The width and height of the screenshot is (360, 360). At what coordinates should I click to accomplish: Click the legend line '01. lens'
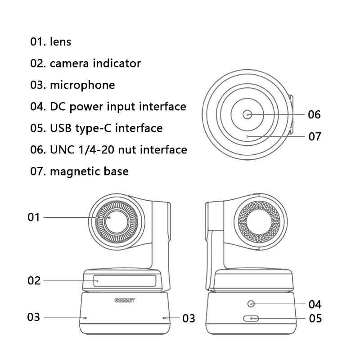coord(51,42)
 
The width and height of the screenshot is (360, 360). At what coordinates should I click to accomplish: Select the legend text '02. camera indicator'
coord(85,63)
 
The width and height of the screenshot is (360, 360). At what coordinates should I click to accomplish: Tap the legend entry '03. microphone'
coord(72,85)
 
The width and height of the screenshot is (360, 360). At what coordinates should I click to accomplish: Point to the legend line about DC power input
coord(108,107)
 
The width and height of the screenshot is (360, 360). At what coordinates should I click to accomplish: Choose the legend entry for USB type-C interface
coord(96,128)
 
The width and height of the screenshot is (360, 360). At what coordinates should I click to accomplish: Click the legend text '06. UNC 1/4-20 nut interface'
coord(108,149)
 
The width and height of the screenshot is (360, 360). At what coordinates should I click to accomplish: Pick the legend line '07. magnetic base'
coord(79,171)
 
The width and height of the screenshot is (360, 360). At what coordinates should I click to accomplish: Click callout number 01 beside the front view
coord(34,217)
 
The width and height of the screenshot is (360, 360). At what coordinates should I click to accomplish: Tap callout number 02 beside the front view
coord(34,281)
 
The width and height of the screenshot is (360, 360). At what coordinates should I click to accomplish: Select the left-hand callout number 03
coord(34,317)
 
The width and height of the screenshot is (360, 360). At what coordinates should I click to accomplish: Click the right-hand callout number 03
coord(189,319)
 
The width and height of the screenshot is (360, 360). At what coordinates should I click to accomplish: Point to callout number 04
coord(315,304)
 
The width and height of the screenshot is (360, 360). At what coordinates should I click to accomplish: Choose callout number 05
coord(315,319)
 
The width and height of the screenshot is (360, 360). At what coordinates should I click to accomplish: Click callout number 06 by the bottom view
coord(315,115)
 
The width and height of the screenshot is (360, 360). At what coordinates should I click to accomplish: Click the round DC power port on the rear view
coord(251,304)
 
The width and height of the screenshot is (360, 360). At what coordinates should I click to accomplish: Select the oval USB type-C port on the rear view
coord(251,319)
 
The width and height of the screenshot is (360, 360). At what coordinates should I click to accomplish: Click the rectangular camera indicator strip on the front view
coord(125,281)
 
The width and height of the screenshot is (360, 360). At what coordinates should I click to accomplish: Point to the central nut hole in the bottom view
coord(247,115)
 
